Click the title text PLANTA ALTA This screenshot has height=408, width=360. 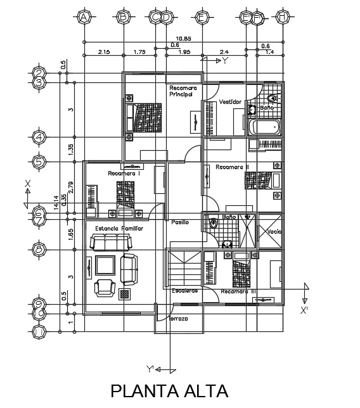[169, 391]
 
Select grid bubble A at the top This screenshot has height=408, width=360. [83, 18]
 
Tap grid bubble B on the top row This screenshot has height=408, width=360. [123, 18]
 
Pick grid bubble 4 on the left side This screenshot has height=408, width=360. [39, 137]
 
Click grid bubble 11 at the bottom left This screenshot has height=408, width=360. [39, 331]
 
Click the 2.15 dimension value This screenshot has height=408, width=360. [104, 52]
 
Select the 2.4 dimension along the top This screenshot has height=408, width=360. [224, 52]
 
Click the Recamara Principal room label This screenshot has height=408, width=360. [184, 91]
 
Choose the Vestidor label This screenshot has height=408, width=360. [229, 101]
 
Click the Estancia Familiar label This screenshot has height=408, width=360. [119, 228]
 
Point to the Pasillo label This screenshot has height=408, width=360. [179, 222]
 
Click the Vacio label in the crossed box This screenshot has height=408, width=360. [274, 232]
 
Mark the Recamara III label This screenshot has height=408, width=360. [239, 291]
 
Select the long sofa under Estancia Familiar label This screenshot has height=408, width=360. [110, 242]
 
